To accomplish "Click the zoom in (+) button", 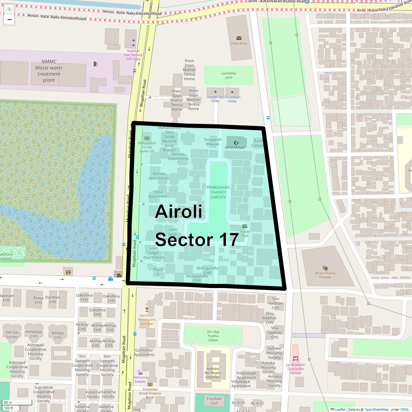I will coord(9,10).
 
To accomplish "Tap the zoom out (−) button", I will coord(9,20).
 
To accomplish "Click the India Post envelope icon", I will coord(239,38).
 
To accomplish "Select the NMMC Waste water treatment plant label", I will coord(49,71).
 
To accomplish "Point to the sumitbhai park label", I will coord(229,75).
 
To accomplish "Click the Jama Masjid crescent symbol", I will coord(236,142).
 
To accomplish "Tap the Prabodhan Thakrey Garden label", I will coord(218,192).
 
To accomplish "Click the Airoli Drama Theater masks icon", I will coord(325,268).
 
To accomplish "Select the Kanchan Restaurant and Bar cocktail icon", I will coord(147,310).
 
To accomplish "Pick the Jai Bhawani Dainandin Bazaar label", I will coord(296,369).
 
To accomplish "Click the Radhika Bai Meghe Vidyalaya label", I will coord(213,373).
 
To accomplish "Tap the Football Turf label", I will coord(214,401).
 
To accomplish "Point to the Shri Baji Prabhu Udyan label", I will coord(213,336).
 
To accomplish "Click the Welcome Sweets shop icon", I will coord(140,373).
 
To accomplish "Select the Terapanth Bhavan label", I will coord(213,142).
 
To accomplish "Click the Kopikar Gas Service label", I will coord(133,55).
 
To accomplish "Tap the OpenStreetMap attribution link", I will coord(376,409).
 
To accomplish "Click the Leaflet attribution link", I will coord(340,409).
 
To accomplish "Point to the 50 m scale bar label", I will coord(8,402).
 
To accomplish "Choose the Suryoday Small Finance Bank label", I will coord(150,393).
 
